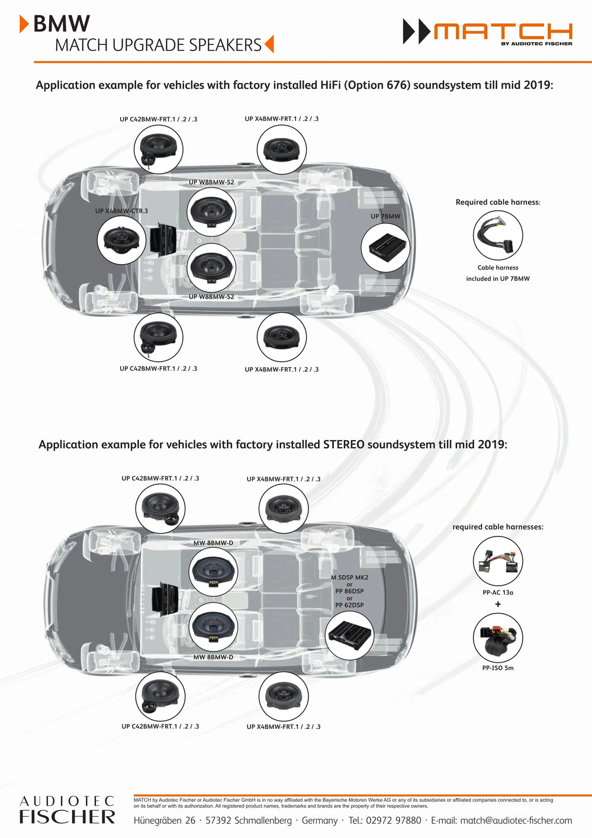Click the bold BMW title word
[x=62, y=24]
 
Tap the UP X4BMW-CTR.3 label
[x=121, y=211]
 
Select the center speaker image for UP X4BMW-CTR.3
[x=121, y=240]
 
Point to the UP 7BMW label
[x=385, y=216]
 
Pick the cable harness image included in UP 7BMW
[x=498, y=235]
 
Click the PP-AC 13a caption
[x=498, y=592]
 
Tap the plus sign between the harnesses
[x=498, y=604]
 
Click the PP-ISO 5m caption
[x=498, y=667]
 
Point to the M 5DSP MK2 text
[x=350, y=577]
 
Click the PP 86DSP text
[x=349, y=591]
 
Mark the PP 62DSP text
[x=349, y=605]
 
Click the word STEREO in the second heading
[x=343, y=445]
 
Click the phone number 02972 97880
[x=393, y=820]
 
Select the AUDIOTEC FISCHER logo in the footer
[x=67, y=810]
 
